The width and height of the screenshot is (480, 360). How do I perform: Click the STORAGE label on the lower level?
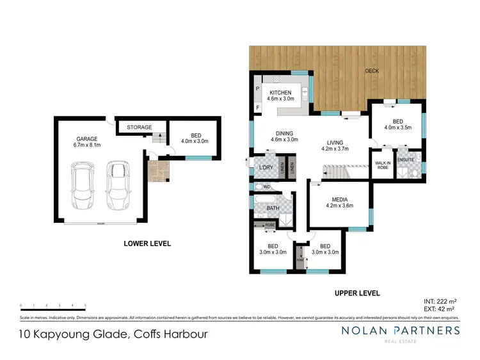[x=139, y=127]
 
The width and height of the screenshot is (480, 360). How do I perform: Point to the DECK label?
[x=372, y=71]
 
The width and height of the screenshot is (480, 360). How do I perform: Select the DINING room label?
[x=285, y=134]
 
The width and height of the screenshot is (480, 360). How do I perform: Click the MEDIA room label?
[x=339, y=199]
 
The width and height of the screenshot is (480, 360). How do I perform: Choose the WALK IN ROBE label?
[x=383, y=165]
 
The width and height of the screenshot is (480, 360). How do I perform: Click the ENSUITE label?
[x=406, y=160]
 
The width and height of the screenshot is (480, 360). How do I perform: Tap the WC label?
[x=268, y=186]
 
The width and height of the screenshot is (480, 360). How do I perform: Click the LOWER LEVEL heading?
[x=147, y=243]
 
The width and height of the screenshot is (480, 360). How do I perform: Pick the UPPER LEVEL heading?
[x=357, y=293]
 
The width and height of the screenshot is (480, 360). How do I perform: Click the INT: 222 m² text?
[x=441, y=300]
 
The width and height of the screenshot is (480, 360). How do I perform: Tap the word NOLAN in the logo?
[x=369, y=331]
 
